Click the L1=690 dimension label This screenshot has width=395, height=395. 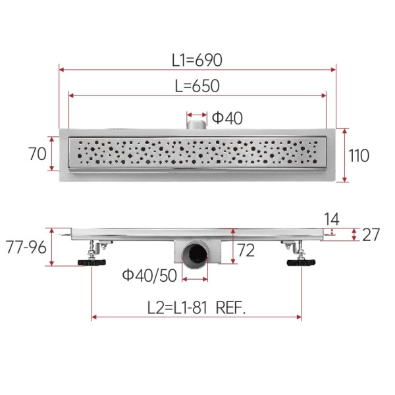pyautogui.click(x=197, y=60)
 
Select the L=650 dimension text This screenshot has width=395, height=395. pyautogui.click(x=197, y=86)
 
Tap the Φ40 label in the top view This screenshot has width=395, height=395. pyautogui.click(x=227, y=118)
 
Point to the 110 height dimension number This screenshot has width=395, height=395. pyautogui.click(x=359, y=155)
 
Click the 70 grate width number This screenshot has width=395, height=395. pyautogui.click(x=38, y=154)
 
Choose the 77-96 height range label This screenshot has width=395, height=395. pyautogui.click(x=26, y=247)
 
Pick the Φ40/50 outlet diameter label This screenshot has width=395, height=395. pyautogui.click(x=149, y=275)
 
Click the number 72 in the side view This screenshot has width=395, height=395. pyautogui.click(x=246, y=250)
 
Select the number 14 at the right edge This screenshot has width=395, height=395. pyautogui.click(x=331, y=219)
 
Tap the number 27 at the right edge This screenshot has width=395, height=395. pyautogui.click(x=371, y=235)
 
